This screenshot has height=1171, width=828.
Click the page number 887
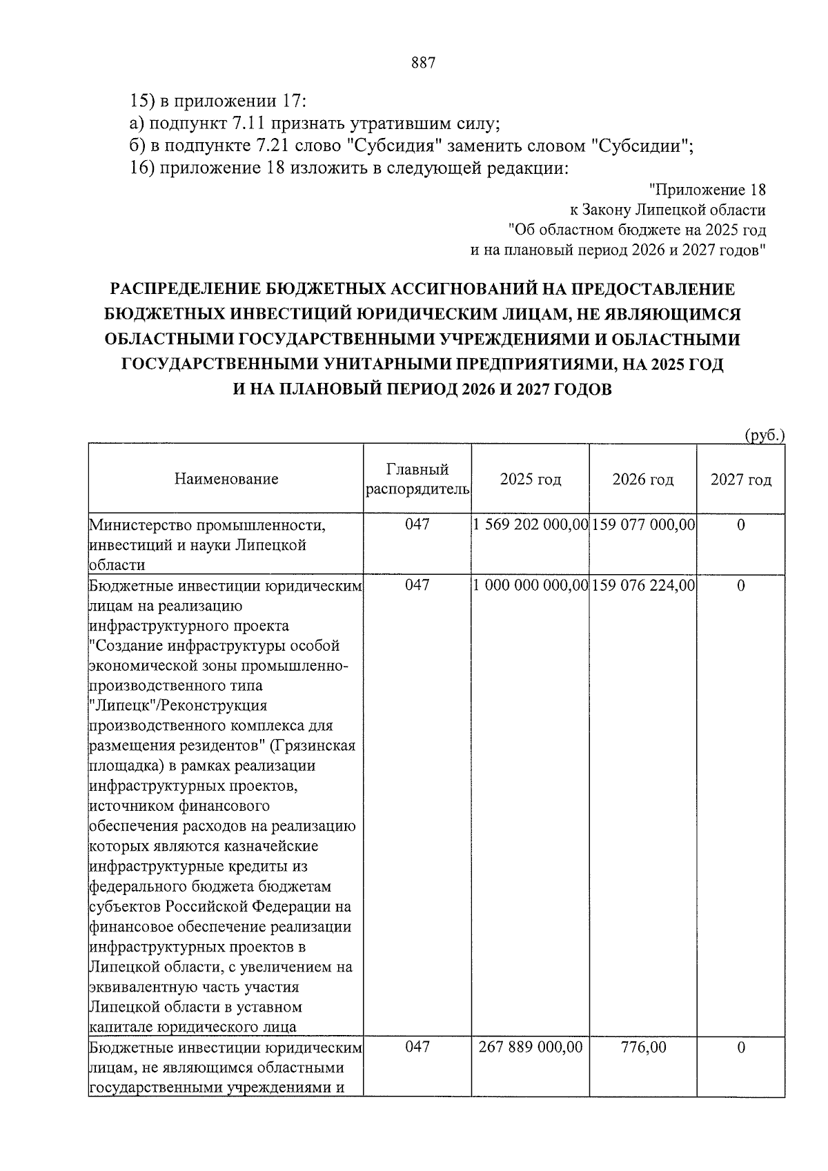click(423, 63)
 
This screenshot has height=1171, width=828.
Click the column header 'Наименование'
click(226, 479)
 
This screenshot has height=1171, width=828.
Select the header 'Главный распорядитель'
click(417, 480)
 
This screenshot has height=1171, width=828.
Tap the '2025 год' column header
click(530, 480)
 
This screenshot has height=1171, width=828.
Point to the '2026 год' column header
click(642, 480)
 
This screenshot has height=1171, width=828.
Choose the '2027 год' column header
click(740, 480)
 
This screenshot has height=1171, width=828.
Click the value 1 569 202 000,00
click(530, 524)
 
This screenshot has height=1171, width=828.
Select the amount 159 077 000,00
click(642, 524)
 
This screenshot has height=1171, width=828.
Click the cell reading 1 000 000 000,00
click(530, 585)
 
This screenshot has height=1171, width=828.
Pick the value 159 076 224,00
click(642, 585)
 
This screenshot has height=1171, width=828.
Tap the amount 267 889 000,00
click(530, 1047)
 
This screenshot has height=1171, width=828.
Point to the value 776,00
click(642, 1047)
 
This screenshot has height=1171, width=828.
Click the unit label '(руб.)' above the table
click(765, 435)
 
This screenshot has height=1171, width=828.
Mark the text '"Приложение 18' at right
click(707, 189)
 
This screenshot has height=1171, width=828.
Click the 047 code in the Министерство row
click(417, 524)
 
